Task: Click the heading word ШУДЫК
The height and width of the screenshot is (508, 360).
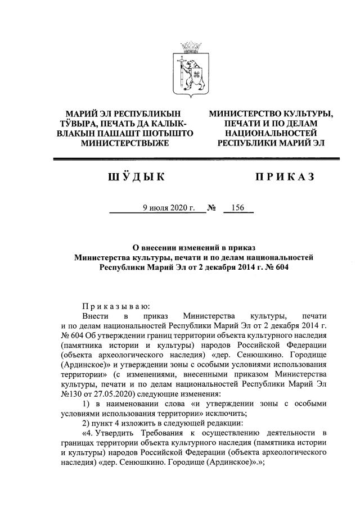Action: pos(134,178)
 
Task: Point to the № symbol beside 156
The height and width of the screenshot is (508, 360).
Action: pos(212,208)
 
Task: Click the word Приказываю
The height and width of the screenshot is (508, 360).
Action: pos(116,306)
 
